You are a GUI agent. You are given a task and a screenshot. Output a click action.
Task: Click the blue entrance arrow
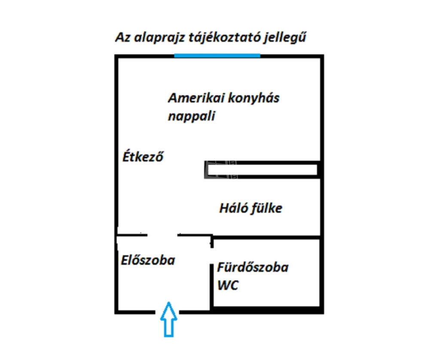[168, 319]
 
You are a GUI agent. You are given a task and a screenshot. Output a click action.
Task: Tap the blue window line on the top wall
[217, 56]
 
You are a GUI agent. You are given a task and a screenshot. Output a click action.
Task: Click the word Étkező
[143, 156]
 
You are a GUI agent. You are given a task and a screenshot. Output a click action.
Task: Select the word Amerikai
[196, 98]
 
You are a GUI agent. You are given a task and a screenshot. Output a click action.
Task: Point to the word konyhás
[254, 98]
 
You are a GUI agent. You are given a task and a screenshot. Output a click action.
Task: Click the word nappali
[191, 116]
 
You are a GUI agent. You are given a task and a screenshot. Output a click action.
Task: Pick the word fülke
[266, 208]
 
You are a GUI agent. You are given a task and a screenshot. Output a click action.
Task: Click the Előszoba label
[148, 260]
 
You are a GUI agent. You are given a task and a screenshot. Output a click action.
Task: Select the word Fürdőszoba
[253, 267]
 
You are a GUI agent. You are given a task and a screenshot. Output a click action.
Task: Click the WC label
[228, 285]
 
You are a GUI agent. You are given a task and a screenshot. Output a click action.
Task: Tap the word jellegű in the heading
[284, 37]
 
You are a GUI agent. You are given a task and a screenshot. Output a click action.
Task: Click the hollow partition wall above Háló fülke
[263, 170]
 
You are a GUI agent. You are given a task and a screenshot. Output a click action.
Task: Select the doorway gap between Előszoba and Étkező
[162, 235]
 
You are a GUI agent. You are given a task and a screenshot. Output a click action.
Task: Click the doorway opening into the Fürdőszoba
[212, 256]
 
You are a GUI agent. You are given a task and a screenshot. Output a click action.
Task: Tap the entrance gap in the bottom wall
[167, 312]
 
